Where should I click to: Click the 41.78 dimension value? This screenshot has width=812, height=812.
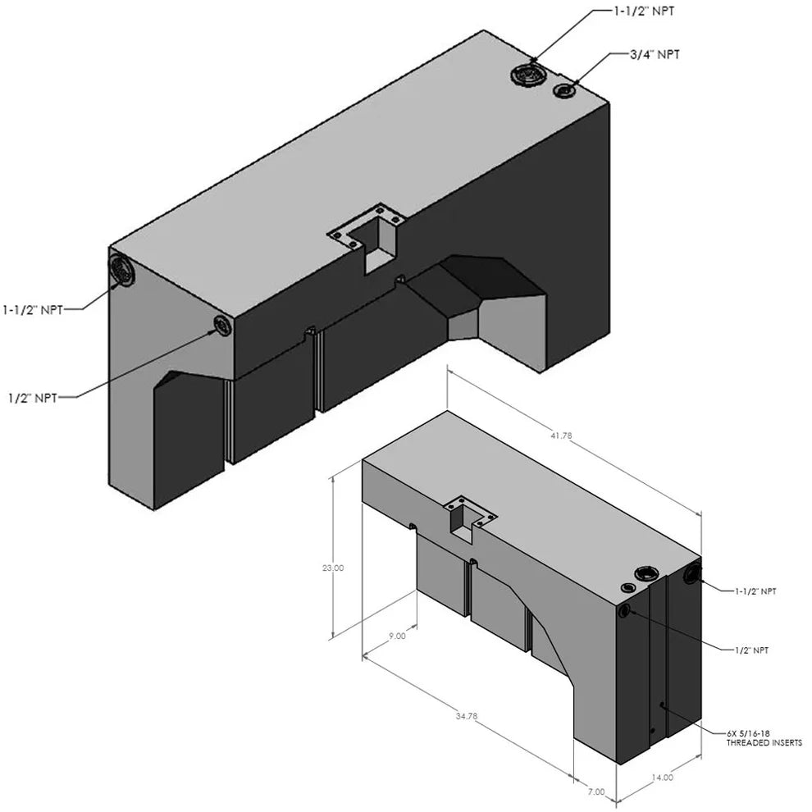pyautogui.click(x=561, y=436)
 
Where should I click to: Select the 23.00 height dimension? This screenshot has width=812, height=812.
pyautogui.click(x=332, y=568)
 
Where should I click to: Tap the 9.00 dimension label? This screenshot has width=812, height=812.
pyautogui.click(x=397, y=636)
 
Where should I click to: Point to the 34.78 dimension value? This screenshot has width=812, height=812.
pyautogui.click(x=467, y=716)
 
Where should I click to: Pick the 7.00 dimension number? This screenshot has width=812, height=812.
pyautogui.click(x=596, y=791)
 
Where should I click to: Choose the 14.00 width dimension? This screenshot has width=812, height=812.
pyautogui.click(x=663, y=778)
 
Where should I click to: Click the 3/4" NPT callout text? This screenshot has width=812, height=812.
pyautogui.click(x=655, y=54)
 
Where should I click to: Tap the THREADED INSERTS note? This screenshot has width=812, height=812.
pyautogui.click(x=764, y=742)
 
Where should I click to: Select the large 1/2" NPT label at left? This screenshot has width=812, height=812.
pyautogui.click(x=33, y=398)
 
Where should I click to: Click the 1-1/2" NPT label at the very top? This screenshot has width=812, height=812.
pyautogui.click(x=644, y=11)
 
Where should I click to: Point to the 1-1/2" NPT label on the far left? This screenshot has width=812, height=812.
pyautogui.click(x=33, y=310)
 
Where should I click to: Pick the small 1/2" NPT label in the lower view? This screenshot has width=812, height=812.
pyautogui.click(x=752, y=650)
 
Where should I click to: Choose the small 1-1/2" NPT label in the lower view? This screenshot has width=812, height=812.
pyautogui.click(x=755, y=591)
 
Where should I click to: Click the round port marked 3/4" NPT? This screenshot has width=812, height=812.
pyautogui.click(x=564, y=91)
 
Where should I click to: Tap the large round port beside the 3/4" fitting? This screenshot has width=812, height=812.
pyautogui.click(x=527, y=75)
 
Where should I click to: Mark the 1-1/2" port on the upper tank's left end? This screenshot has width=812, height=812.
pyautogui.click(x=121, y=270)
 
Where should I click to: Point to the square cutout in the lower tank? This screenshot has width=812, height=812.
pyautogui.click(x=463, y=520)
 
